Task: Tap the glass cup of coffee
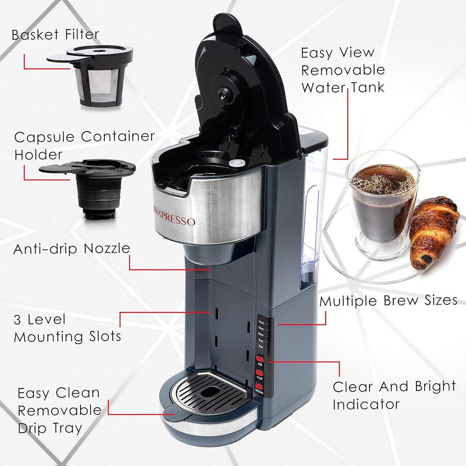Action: (x=382, y=203)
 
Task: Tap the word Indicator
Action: (x=366, y=404)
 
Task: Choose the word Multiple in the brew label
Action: (x=348, y=301)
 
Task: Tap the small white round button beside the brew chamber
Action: (x=235, y=162)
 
